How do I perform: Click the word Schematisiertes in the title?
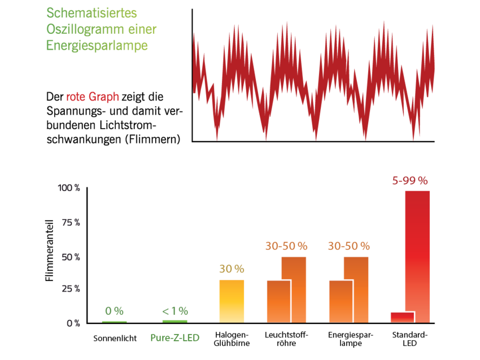point(91,12)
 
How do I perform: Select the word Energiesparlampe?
point(97,46)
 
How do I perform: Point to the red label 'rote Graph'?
point(93,97)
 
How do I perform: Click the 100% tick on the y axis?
point(69,188)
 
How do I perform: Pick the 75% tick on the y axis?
point(71,222)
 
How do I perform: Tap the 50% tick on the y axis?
point(71,257)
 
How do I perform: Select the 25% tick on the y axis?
point(71,288)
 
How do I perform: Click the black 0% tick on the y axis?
point(73,323)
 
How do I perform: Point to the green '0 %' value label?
point(114,311)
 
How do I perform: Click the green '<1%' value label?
point(175,311)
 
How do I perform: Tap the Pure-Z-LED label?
point(174,338)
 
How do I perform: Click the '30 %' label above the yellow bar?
point(232,269)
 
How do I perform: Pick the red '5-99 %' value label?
point(410,181)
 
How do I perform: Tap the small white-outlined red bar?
point(402,317)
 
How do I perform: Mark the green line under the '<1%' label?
point(174,321)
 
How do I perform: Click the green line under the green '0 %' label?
point(114,322)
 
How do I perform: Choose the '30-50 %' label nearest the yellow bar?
point(286,246)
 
